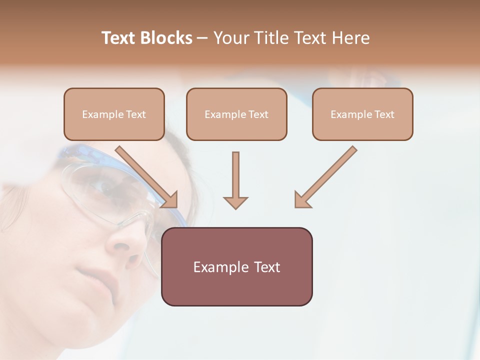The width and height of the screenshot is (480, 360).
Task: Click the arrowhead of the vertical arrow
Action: coord(235,202)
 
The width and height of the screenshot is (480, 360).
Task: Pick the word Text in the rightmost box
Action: coord(384,114)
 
